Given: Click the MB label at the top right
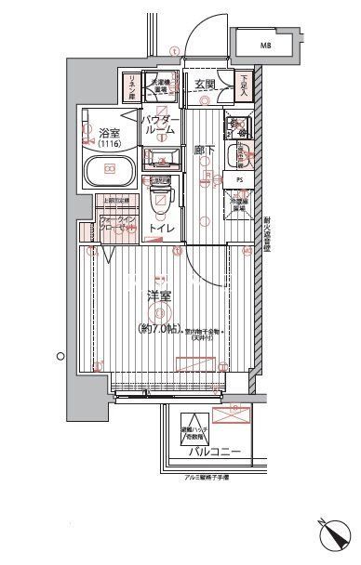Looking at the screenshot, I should coord(266,44).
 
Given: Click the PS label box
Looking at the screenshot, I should coord(239,180).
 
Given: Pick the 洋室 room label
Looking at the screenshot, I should coord(157,296).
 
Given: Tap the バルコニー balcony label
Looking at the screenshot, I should coord(216,453).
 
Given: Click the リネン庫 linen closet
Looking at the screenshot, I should coord(131,86).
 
